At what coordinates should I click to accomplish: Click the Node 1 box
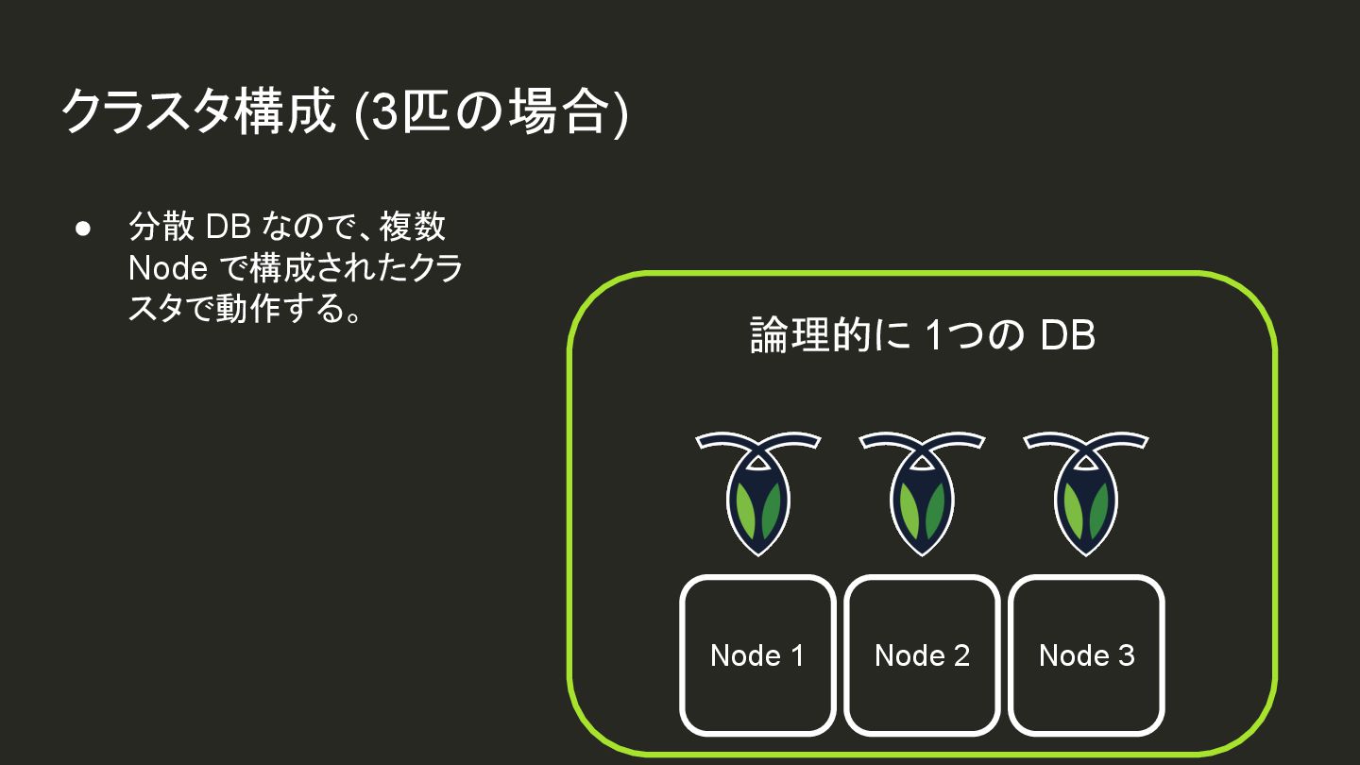pos(757,655)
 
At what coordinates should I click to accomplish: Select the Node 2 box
pos(922,655)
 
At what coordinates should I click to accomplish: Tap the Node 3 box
pos(1086,655)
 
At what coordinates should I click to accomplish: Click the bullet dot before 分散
pos(83,229)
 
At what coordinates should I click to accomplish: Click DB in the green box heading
pos(1067,336)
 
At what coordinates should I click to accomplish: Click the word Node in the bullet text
pos(168,268)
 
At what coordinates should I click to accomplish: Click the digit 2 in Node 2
pos(960,655)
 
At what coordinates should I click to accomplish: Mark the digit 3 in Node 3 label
pos(1125,655)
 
